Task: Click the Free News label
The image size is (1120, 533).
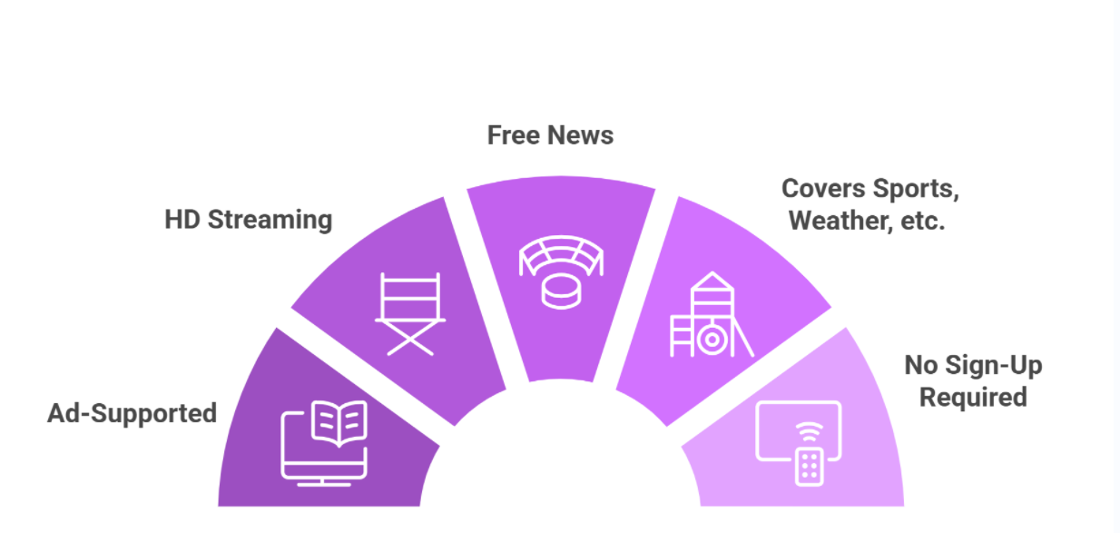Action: pos(550,135)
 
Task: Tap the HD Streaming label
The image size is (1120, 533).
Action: pos(249,220)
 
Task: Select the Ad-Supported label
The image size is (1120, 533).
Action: pos(132,413)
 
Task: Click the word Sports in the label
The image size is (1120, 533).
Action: pos(916,189)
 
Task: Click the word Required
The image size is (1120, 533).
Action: pos(973,398)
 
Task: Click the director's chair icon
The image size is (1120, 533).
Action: pos(410,313)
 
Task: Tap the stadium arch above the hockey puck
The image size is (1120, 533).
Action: pos(561,255)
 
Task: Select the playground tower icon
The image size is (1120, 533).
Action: pos(712,314)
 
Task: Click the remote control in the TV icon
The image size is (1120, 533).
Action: pos(809,467)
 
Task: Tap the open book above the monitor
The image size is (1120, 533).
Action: pos(339,423)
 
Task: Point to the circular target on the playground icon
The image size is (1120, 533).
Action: pos(712,340)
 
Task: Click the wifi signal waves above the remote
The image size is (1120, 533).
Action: pos(809,431)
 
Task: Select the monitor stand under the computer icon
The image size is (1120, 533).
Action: pos(323,482)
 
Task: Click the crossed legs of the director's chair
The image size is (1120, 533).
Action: pos(410,338)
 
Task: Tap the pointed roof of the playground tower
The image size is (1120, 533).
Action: pos(712,281)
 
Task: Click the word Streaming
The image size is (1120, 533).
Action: pos(270,220)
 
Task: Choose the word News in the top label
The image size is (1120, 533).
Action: pos(580,135)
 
